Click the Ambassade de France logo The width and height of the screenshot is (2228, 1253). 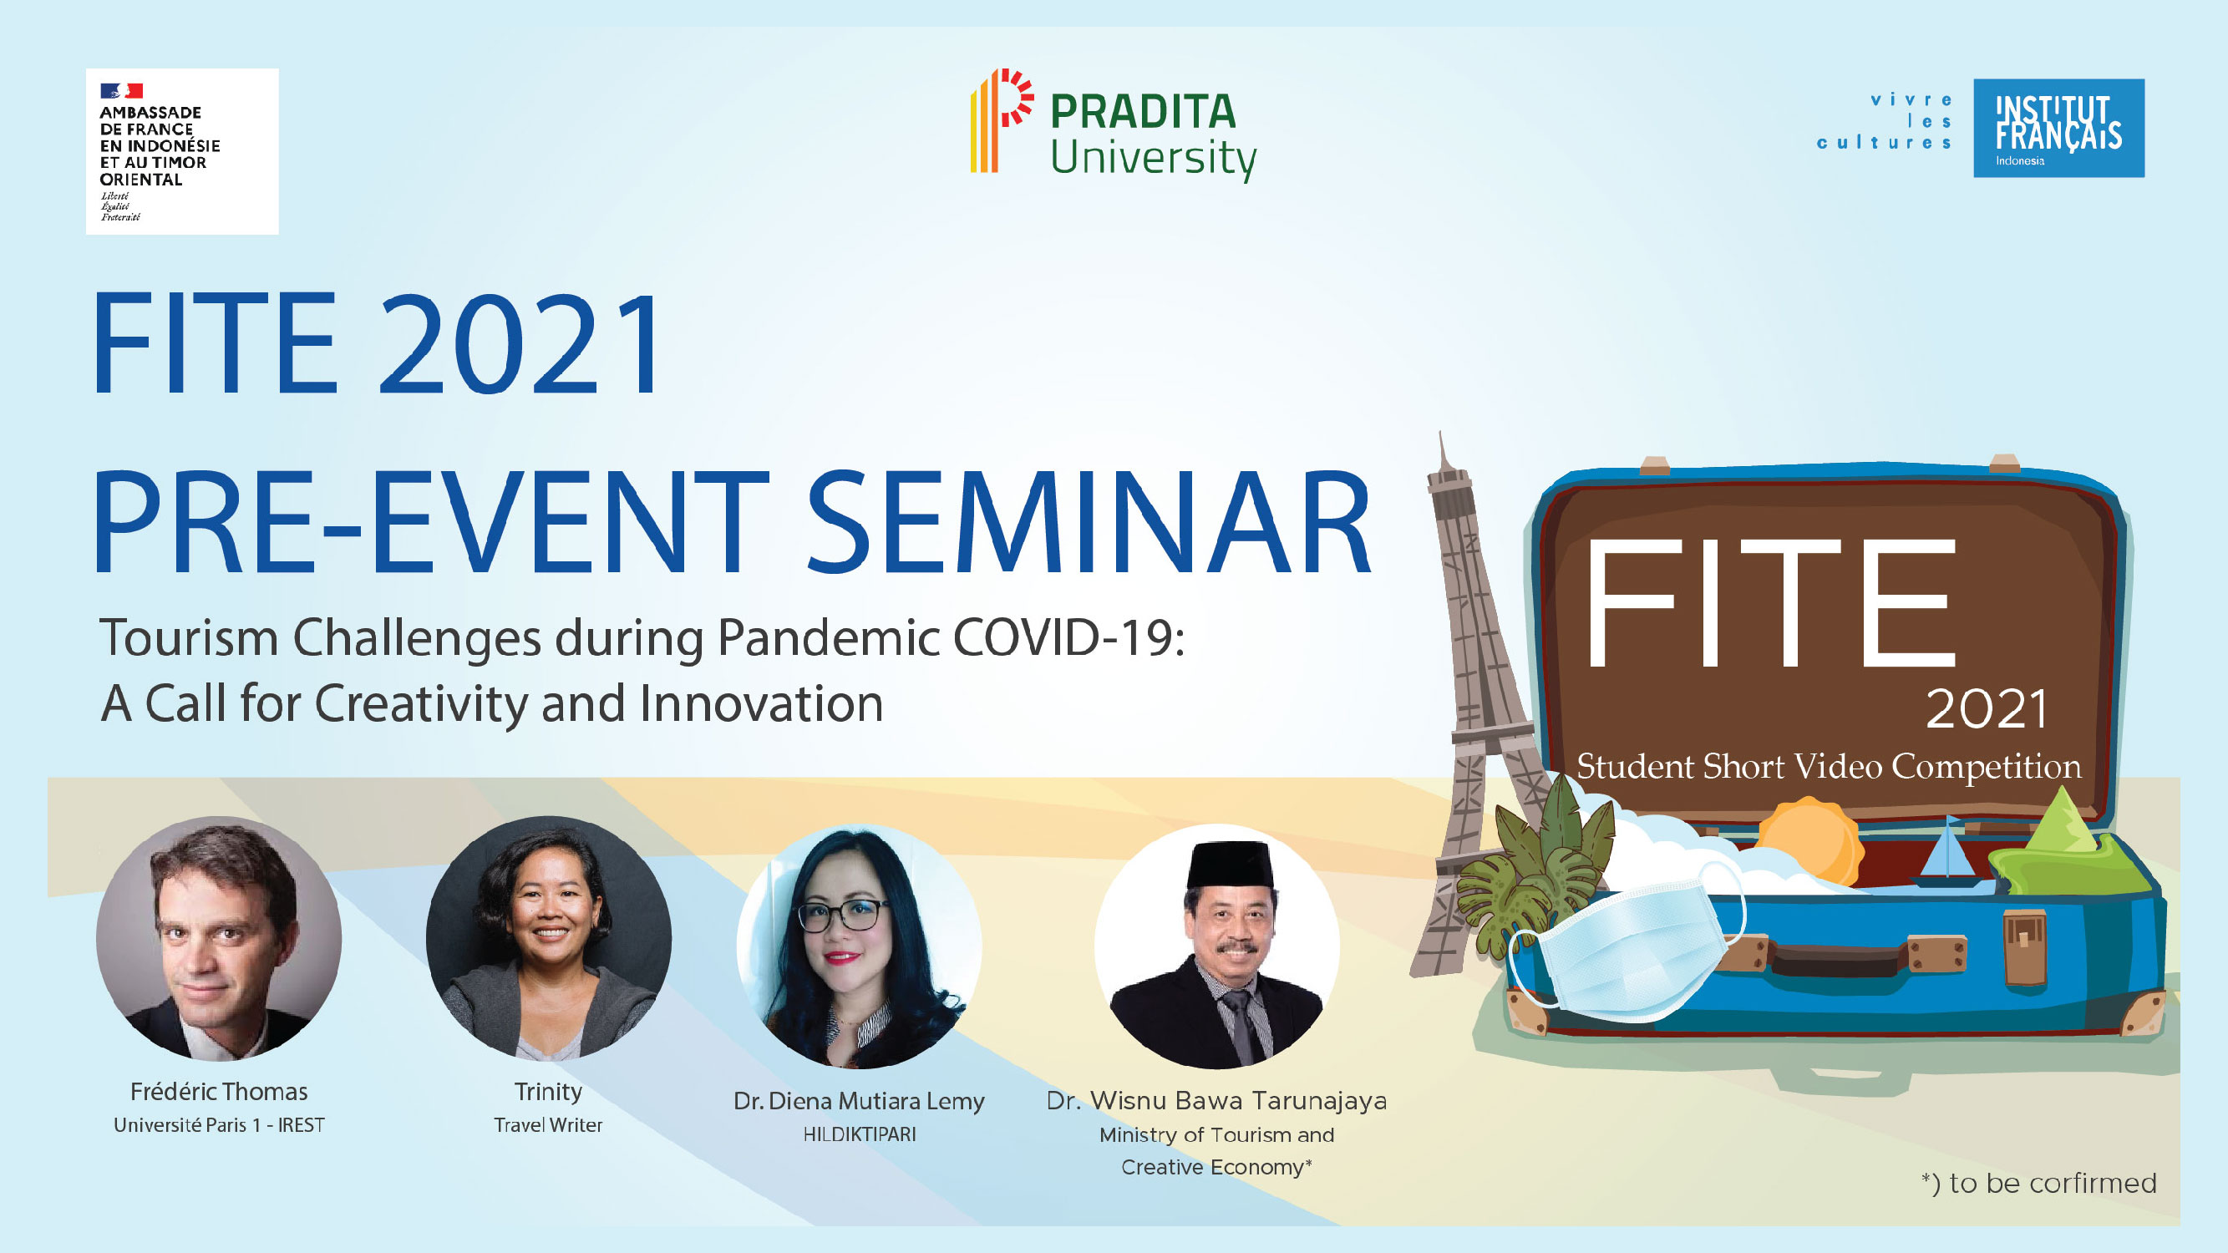[181, 151]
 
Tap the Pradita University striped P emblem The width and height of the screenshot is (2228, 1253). [1002, 121]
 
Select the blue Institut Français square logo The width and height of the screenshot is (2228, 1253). [2058, 128]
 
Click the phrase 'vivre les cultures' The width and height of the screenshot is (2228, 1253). [1885, 121]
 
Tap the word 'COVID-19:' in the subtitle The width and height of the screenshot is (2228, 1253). [1069, 637]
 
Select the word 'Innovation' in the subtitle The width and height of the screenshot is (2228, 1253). [761, 703]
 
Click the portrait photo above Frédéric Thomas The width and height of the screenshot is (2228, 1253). [219, 938]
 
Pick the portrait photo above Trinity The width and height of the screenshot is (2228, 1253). [548, 938]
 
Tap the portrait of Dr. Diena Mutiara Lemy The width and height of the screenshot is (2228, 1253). [859, 946]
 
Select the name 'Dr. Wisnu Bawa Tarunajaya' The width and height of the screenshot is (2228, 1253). [1217, 1100]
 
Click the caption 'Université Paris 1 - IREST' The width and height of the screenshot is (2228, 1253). [219, 1125]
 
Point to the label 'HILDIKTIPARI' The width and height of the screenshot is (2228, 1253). [859, 1134]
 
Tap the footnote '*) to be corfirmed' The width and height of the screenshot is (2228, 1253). [2038, 1183]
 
